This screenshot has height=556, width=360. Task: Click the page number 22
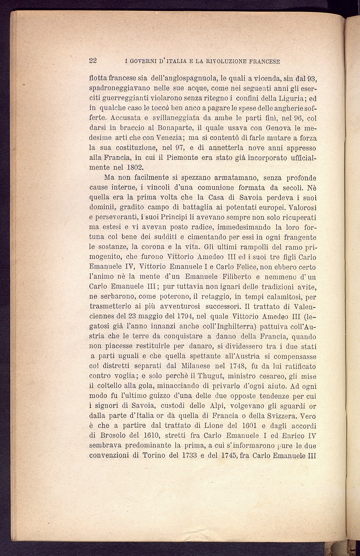(93, 61)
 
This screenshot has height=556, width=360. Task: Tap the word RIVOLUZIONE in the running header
(226, 62)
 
